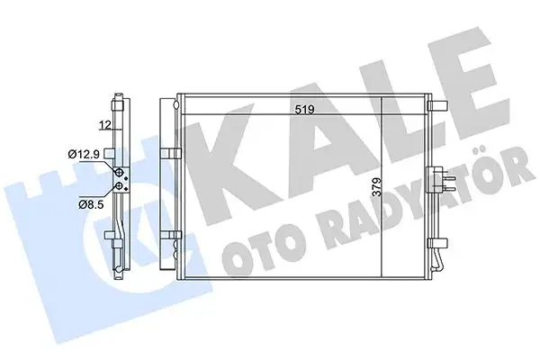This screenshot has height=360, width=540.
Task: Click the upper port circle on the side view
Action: point(118,170)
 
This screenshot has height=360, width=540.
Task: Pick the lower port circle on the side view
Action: point(118,186)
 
